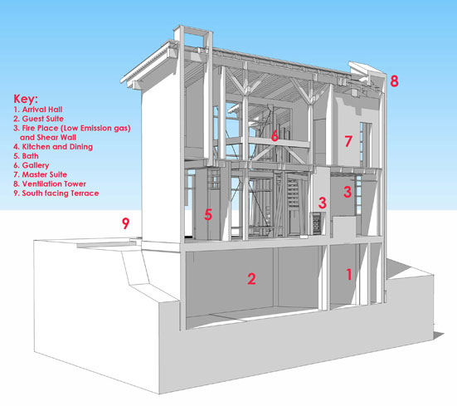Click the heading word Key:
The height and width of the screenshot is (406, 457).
26,99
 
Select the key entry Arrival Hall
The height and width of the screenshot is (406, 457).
38,110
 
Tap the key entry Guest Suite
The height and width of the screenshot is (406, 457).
38,119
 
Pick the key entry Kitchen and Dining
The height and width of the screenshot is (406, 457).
53,147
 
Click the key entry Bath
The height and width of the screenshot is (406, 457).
26,156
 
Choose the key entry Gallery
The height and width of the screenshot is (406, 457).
32,165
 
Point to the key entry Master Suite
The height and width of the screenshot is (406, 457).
40,174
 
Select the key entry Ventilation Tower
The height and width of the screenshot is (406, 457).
50,184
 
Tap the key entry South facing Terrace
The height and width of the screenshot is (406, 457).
56,193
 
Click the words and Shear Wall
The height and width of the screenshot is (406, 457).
48,137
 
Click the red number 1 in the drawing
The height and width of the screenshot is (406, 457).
349,275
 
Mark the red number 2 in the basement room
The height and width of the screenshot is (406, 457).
251,279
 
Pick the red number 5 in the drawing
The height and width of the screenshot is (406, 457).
208,215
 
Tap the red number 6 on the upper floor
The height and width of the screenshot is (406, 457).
275,136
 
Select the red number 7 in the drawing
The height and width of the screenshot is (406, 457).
348,141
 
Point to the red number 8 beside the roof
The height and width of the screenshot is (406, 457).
394,81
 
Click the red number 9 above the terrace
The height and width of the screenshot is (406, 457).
125,223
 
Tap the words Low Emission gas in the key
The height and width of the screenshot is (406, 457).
95,129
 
